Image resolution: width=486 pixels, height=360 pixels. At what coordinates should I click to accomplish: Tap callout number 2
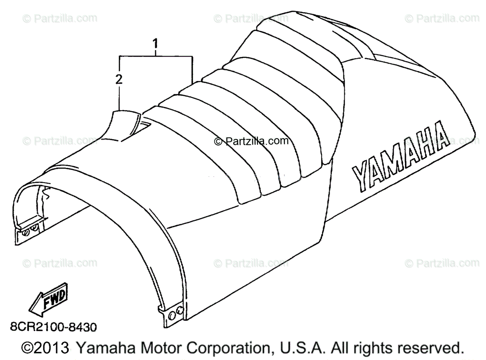pos(119,80)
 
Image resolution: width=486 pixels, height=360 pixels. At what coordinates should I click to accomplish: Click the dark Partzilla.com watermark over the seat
pos(252,141)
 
